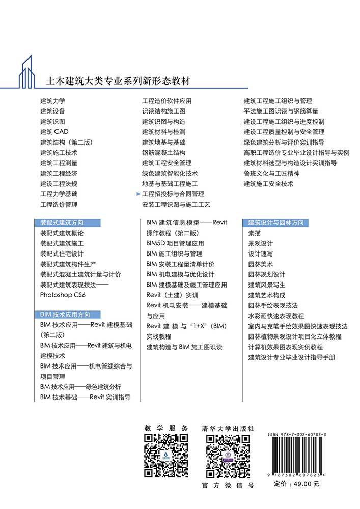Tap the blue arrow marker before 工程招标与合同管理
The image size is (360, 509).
138,194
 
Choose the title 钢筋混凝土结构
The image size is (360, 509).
163,153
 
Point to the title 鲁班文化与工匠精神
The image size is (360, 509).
271,173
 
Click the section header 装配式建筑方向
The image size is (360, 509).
62,222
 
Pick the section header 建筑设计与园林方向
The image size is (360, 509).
275,222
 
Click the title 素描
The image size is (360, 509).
254,233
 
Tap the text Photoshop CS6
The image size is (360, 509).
63,295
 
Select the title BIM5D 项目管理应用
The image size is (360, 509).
175,243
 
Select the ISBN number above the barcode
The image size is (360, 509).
297,436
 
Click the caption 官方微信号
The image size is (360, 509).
228,485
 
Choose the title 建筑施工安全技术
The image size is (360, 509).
268,184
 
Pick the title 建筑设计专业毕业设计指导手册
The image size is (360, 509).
292,357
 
